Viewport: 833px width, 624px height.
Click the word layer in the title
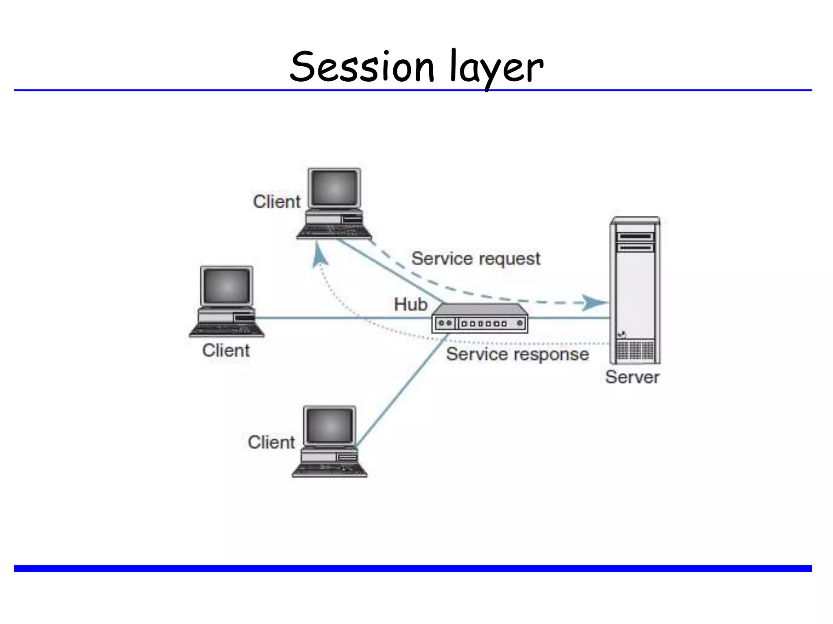pyautogui.click(x=497, y=67)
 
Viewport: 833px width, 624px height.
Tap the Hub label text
pyautogui.click(x=410, y=304)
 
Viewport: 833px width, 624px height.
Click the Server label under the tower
pyautogui.click(x=632, y=377)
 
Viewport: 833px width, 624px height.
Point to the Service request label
pyautogui.click(x=475, y=259)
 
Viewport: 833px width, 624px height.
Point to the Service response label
pyautogui.click(x=517, y=354)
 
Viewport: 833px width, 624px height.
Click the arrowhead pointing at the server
pyautogui.click(x=594, y=303)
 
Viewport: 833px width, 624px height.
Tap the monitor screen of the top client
pyautogui.click(x=334, y=188)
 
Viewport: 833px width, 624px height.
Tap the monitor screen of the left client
pyautogui.click(x=227, y=286)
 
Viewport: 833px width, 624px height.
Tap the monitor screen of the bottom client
pyautogui.click(x=329, y=426)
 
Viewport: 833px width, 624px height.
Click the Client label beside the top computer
pyautogui.click(x=277, y=202)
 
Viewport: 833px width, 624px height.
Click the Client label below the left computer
pyautogui.click(x=226, y=351)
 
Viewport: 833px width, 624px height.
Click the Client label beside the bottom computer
pyautogui.click(x=271, y=442)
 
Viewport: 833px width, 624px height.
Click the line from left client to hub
pyautogui.click(x=342, y=318)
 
